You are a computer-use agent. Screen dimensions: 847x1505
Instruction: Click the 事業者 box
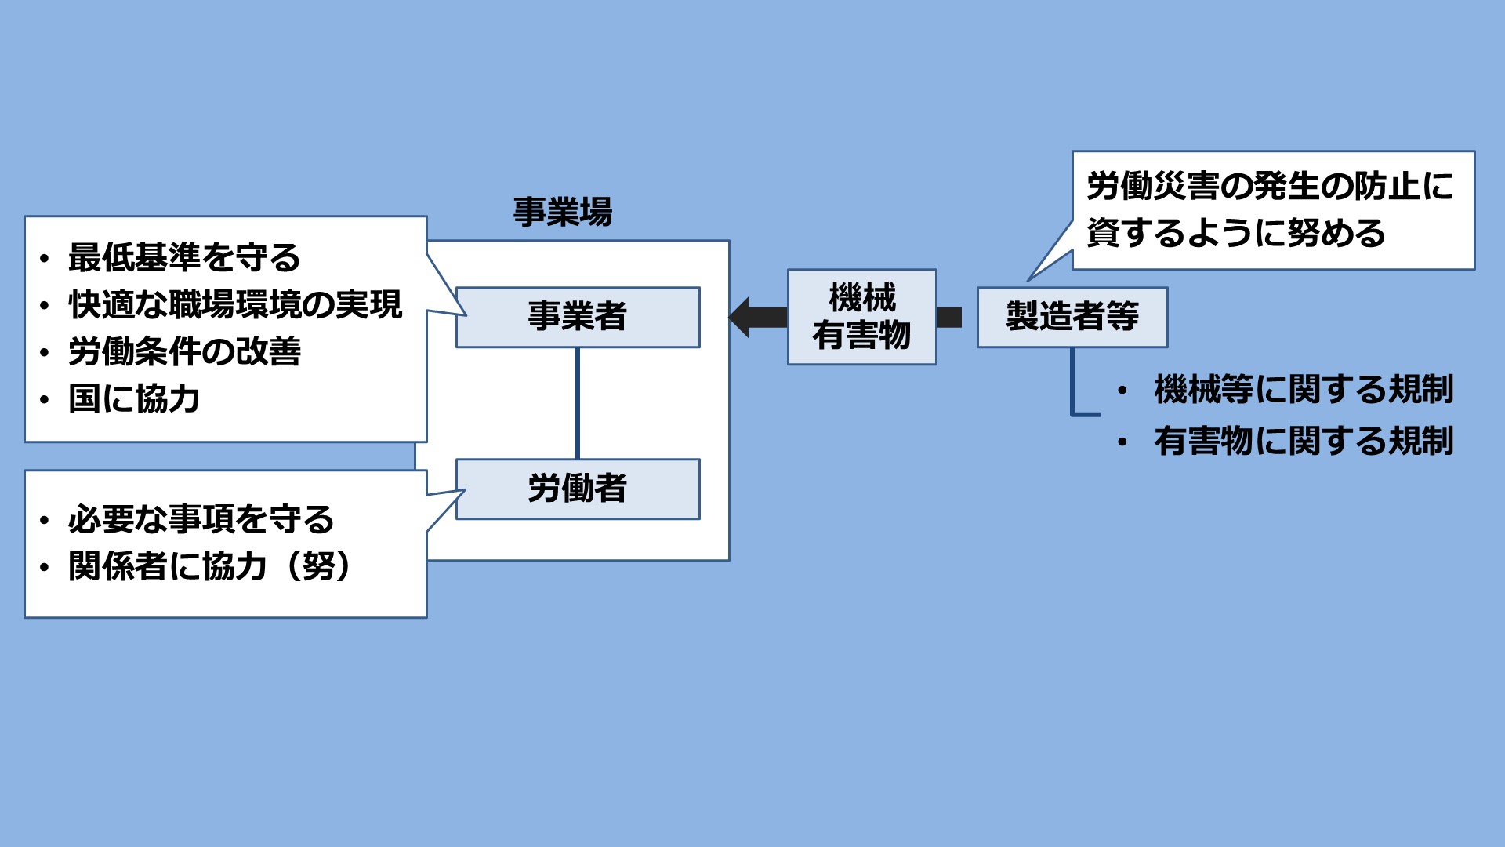pos(578,317)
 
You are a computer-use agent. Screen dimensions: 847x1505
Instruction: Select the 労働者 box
pos(578,489)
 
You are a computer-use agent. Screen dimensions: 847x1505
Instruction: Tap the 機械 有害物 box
pos(861,317)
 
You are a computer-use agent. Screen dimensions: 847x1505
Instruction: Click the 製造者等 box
pos(1072,317)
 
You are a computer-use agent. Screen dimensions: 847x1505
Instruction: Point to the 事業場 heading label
pos(562,213)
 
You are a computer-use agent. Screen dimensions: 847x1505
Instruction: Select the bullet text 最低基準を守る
pos(184,257)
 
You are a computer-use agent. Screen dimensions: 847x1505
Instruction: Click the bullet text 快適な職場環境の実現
pos(235,304)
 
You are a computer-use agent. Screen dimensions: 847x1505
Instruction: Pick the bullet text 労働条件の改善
pos(184,351)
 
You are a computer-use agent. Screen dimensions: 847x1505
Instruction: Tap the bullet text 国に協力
pos(134,398)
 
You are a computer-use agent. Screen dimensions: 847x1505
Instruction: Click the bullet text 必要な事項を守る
pos(201,519)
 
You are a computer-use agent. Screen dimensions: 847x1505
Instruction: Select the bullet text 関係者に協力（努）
pos(209,566)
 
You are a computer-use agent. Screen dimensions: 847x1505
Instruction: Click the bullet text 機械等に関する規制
pos(1304,390)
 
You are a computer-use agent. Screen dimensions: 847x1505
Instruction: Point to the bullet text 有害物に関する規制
pos(1304,441)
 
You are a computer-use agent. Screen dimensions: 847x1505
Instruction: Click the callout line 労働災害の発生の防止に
pos(1270,187)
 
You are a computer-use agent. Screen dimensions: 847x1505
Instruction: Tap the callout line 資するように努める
pos(1236,234)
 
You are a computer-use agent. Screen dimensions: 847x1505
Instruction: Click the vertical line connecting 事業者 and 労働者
pos(578,403)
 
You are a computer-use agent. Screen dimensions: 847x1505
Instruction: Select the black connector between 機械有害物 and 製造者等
pos(949,317)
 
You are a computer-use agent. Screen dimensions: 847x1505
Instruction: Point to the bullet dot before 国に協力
pos(45,400)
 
